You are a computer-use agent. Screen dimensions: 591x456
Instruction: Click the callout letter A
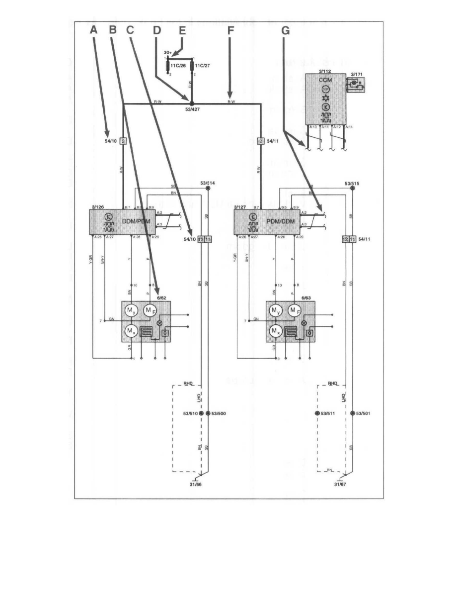tap(94, 30)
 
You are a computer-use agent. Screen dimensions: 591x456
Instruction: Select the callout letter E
tap(182, 30)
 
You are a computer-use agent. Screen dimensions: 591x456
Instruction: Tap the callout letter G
tap(285, 30)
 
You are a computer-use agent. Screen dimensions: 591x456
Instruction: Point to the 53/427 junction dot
tap(191, 104)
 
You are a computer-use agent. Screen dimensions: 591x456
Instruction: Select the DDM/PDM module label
tap(136, 221)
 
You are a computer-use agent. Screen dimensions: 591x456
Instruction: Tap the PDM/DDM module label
tap(282, 221)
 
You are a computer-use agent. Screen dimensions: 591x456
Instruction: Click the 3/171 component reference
tap(357, 74)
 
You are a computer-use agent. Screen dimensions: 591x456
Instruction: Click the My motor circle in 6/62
tap(130, 311)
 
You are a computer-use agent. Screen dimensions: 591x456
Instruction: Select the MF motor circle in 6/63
tap(295, 311)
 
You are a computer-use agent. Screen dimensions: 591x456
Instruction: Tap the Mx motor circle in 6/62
tap(130, 330)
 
